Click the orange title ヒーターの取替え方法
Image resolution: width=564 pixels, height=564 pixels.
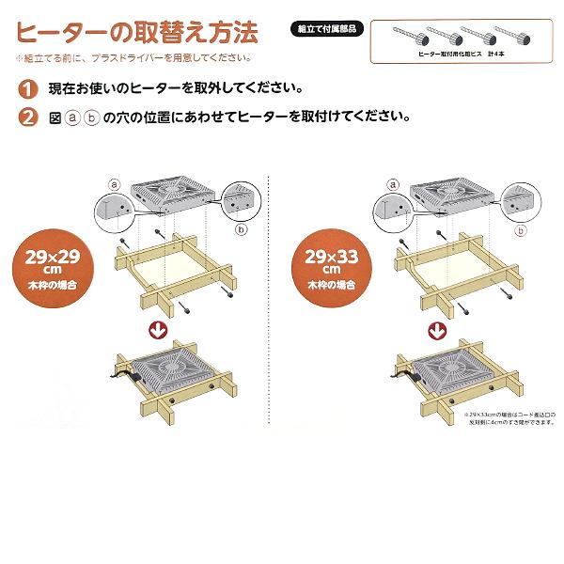(x=137, y=33)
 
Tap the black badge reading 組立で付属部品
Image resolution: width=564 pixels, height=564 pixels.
(x=323, y=29)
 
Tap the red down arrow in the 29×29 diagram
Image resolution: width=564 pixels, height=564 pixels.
(x=159, y=331)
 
